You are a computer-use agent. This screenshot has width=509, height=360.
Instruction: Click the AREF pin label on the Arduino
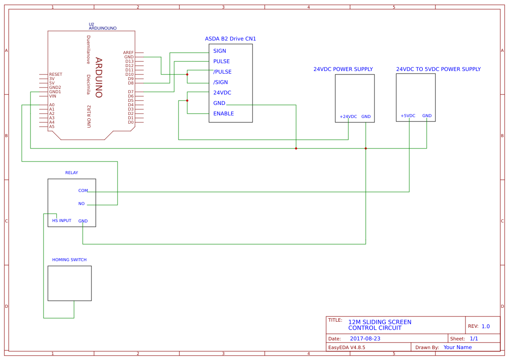tap(128, 53)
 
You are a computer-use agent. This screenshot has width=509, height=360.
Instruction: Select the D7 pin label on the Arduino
tap(131, 92)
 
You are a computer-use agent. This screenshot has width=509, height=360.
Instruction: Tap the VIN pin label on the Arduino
tap(53, 96)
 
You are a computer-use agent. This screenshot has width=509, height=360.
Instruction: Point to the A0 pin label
tap(52, 105)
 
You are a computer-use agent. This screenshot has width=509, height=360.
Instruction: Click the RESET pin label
tap(55, 74)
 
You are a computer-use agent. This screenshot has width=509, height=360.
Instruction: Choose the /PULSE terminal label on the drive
tap(222, 72)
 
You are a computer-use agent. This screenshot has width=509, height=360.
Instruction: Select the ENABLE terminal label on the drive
tap(223, 114)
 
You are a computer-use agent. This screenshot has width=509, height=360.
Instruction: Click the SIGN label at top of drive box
tap(219, 51)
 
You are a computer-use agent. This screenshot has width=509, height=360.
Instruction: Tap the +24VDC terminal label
tap(348, 117)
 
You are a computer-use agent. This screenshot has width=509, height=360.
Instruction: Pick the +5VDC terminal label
tap(408, 116)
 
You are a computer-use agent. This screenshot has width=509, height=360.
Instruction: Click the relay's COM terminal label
tap(83, 191)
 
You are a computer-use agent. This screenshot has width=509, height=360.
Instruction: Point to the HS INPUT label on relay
tap(61, 221)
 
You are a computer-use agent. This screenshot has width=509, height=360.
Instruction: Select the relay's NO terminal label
tap(81, 204)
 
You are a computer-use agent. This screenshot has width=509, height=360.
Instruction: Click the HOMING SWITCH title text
tap(69, 260)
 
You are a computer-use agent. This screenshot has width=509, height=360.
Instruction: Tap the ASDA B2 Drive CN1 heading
tap(230, 39)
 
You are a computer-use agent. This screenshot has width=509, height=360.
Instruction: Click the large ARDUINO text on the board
tap(98, 77)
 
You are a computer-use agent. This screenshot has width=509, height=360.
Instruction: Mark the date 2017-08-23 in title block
tap(365, 339)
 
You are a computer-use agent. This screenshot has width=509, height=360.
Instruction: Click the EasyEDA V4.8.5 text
tap(346, 347)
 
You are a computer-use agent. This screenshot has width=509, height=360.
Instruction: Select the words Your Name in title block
tap(457, 347)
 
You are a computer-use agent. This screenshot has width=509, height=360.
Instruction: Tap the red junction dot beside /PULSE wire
tap(187, 74)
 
